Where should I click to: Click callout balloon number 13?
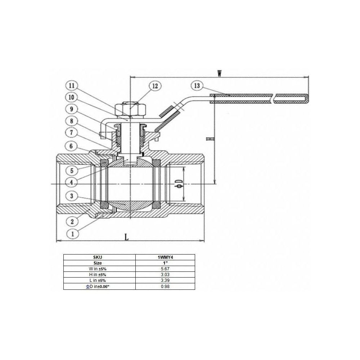click(197, 86)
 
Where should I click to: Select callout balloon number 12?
click(155, 86)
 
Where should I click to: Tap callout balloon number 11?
click(72, 85)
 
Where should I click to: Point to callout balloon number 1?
click(73, 234)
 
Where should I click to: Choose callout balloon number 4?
click(72, 183)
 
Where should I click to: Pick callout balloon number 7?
click(71, 132)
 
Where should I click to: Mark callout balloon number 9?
click(71, 109)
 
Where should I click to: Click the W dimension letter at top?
click(220, 73)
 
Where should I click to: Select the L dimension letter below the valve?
click(126, 237)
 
